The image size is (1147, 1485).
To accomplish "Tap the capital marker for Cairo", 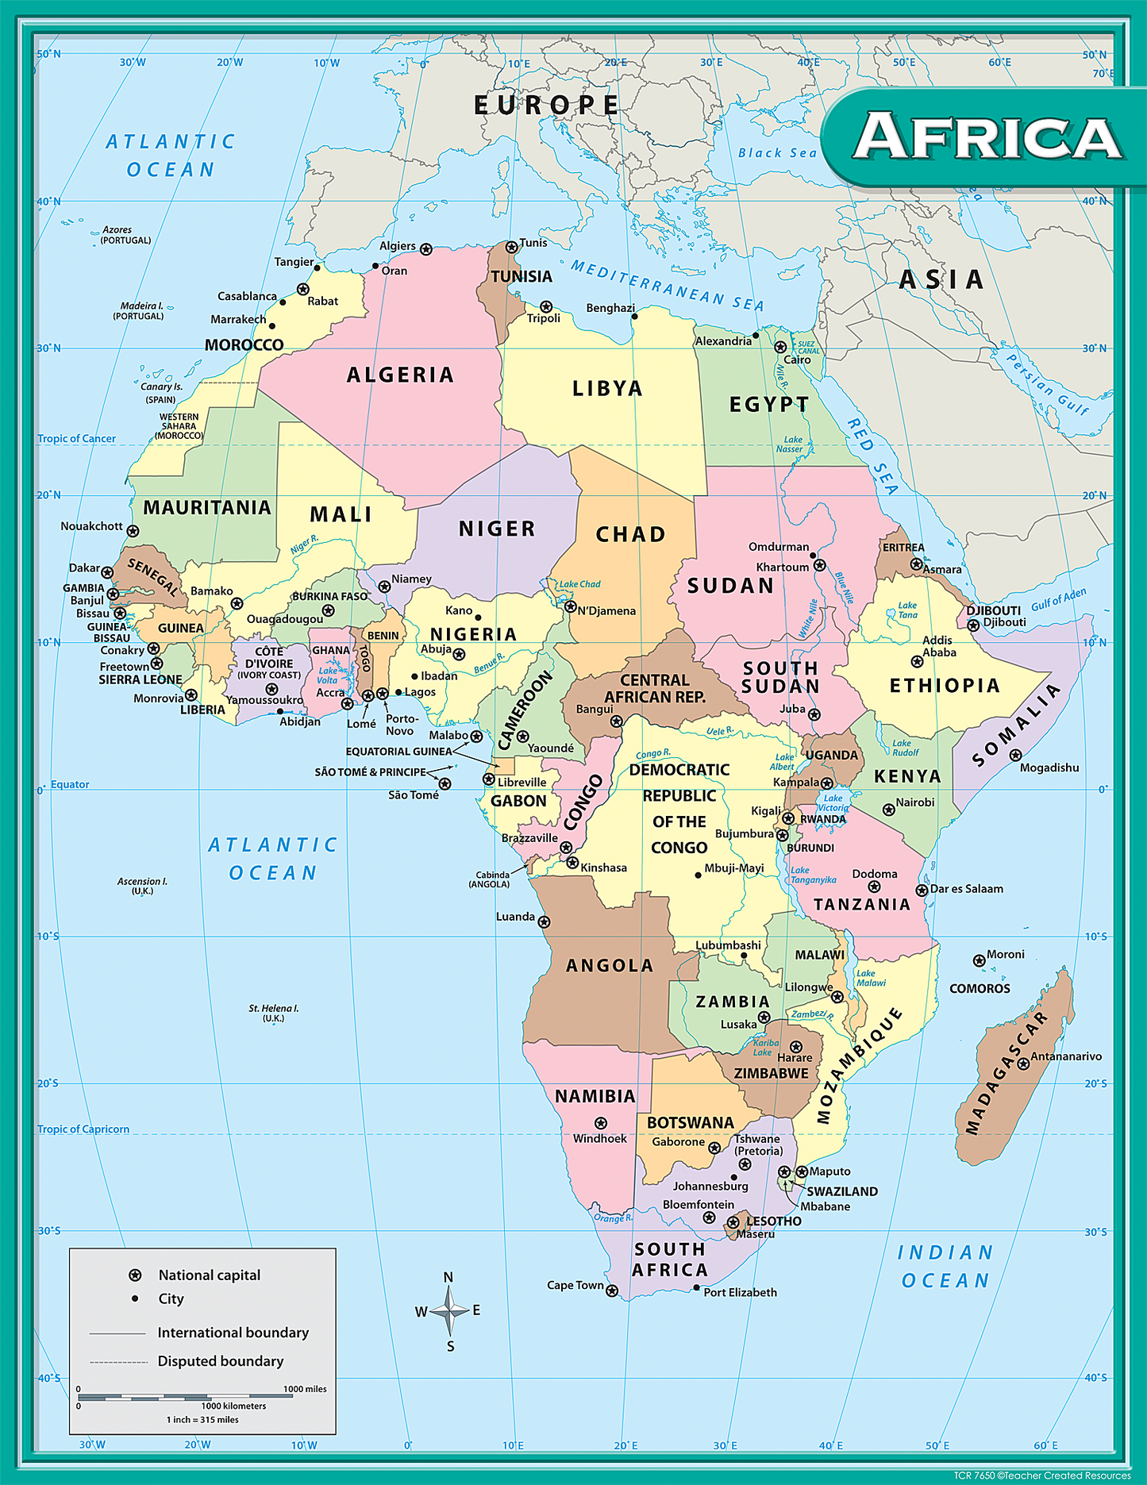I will coord(780,347).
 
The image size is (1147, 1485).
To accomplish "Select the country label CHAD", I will coord(631,534).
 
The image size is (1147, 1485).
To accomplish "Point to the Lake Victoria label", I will coord(833,803).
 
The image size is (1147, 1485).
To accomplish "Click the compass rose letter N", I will coord(448,1277).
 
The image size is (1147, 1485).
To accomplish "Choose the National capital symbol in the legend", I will coord(135,1275).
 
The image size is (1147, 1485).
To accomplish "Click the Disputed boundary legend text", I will coord(221,1361).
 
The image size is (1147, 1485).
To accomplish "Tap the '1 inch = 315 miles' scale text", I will coord(202,1420).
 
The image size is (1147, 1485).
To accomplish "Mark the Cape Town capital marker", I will coord(612,1291).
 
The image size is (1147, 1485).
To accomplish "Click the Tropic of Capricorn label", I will coord(83,1129).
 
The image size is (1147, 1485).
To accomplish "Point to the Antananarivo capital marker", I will coord(1024,1064).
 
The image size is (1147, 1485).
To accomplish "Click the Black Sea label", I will coord(777,152).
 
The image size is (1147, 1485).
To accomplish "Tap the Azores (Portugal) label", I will coord(125,235).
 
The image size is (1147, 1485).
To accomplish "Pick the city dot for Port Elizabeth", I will coord(696,1287).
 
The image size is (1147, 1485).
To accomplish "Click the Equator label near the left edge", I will coord(70,784).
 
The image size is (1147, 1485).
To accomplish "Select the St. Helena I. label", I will coord(273,1013).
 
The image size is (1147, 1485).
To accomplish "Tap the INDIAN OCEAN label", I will coord(945,1267).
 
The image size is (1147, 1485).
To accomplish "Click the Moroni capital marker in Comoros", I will coord(979,960).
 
